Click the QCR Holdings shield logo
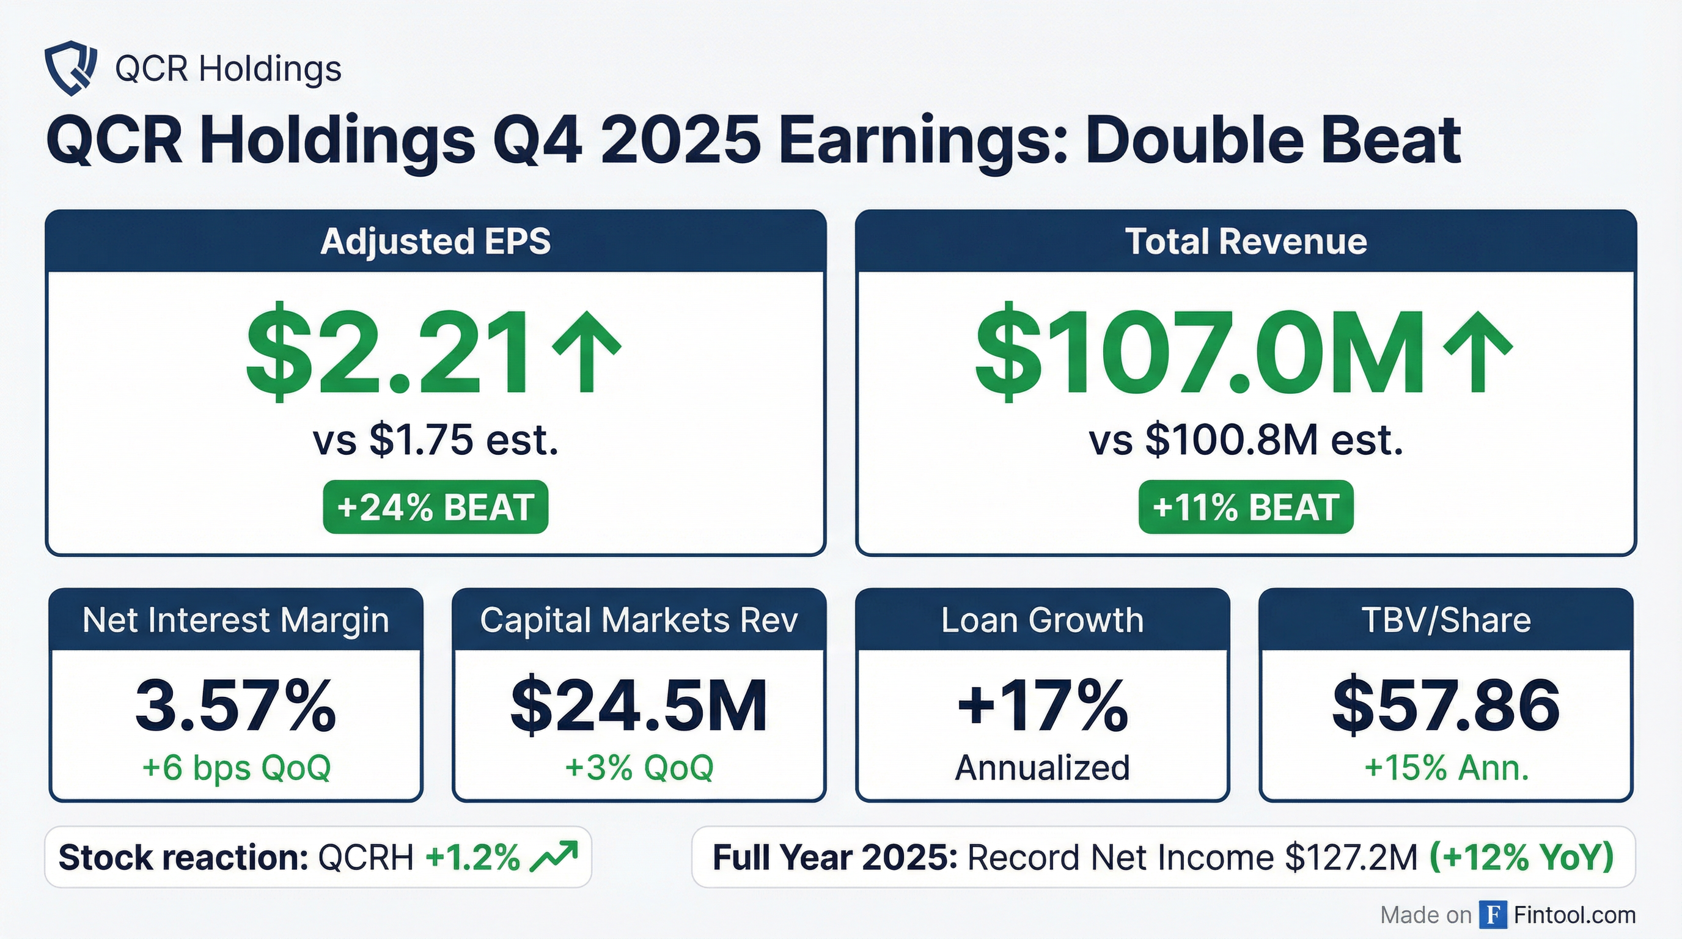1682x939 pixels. (70, 68)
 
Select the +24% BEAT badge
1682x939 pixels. (436, 507)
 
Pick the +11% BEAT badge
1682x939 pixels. (1246, 507)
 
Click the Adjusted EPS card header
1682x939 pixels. (436, 241)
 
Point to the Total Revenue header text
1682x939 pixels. (1246, 241)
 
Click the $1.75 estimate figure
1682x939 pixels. (421, 440)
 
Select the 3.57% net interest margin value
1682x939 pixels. (236, 706)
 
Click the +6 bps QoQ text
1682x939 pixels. (237, 767)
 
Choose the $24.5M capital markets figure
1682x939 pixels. (639, 706)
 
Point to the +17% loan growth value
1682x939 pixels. (1043, 706)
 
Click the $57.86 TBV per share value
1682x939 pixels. (1446, 706)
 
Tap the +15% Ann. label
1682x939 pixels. (1446, 767)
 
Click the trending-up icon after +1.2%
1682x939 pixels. (554, 856)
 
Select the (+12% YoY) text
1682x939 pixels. (1521, 857)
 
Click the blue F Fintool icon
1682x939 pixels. (1493, 914)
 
